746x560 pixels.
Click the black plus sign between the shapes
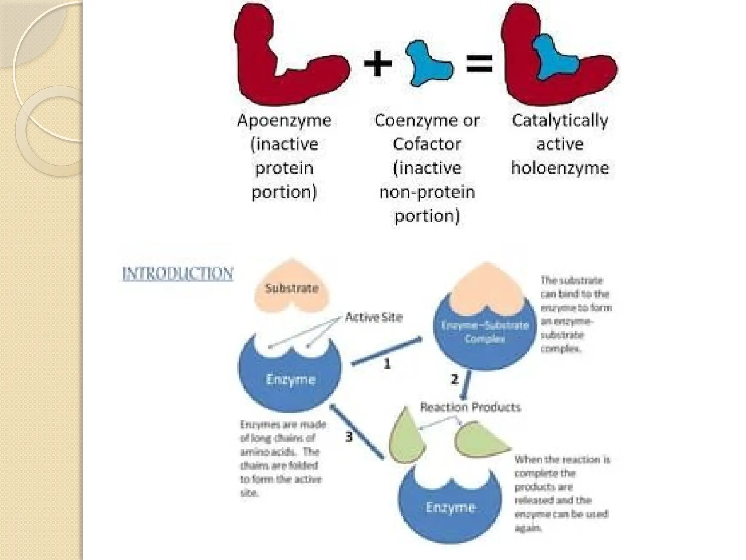(378, 64)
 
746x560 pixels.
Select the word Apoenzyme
(284, 121)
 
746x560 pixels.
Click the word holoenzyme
(560, 168)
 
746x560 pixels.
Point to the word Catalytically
(560, 121)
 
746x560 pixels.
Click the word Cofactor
(427, 144)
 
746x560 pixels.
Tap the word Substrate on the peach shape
(292, 288)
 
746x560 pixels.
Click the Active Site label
(374, 317)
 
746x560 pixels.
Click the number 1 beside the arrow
(387, 364)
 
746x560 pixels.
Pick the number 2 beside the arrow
(454, 380)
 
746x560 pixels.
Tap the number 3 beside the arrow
(349, 437)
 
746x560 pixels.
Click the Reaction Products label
(470, 407)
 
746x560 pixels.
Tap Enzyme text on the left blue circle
(290, 380)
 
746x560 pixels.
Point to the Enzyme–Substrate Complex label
(485, 332)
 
